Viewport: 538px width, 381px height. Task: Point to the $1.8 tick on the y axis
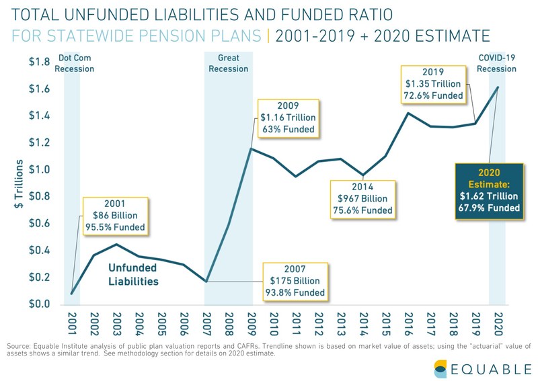[x=38, y=62]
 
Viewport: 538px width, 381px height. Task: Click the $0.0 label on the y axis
[x=38, y=304]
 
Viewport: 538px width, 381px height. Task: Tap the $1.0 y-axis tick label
[x=38, y=170]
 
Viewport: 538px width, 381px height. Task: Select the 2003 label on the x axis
[x=116, y=324]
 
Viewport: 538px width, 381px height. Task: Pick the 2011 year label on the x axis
[x=297, y=324]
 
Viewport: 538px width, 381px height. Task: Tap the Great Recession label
[x=229, y=63]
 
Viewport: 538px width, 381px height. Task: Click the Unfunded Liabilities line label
[x=134, y=274]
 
